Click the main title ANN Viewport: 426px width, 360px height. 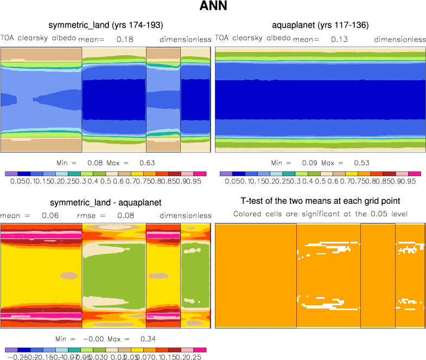coord(213,8)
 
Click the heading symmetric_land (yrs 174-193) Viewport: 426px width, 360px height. coord(106,25)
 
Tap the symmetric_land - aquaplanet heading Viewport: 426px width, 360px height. coord(106,203)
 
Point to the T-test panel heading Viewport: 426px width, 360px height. coord(320,203)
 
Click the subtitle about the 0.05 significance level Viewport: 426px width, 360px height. coord(320,214)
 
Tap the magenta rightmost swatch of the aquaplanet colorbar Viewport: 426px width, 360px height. coord(415,174)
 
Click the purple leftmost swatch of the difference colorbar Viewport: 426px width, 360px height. coord(11,350)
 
